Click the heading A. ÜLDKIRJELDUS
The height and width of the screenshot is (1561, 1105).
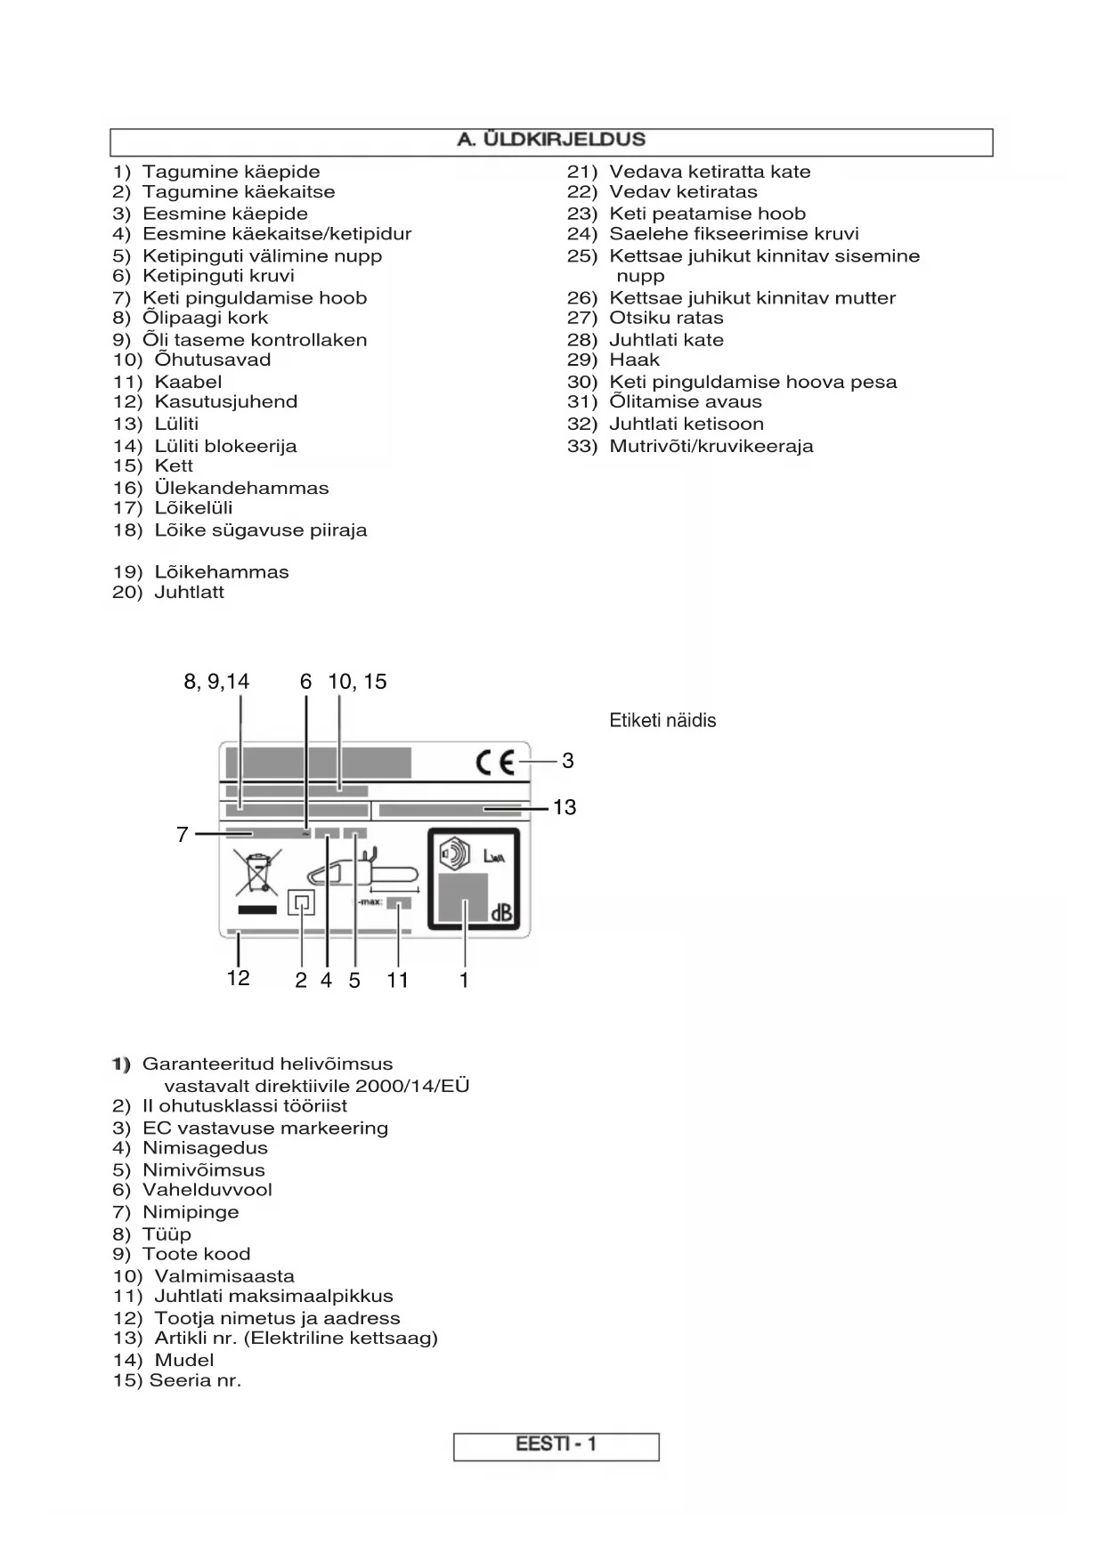click(x=551, y=140)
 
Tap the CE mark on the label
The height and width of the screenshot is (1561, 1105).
click(x=495, y=763)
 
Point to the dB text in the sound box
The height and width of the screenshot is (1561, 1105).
click(x=500, y=913)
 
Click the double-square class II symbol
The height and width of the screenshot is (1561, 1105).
click(x=302, y=903)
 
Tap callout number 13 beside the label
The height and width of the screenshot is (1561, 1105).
click(x=565, y=807)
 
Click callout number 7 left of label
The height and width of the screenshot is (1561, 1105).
click(x=183, y=835)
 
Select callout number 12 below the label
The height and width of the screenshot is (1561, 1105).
click(x=238, y=978)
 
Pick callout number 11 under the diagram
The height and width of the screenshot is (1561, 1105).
click(x=397, y=980)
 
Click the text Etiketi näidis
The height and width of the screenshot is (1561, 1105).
click(x=662, y=721)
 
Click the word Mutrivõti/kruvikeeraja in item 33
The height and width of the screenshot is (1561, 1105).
click(x=711, y=446)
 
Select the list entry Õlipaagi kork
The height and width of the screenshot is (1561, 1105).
click(x=205, y=318)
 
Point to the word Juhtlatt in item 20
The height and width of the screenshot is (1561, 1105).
click(x=189, y=592)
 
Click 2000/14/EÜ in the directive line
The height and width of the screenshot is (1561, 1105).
click(x=411, y=1086)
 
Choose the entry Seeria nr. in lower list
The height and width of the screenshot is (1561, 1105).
click(x=195, y=1380)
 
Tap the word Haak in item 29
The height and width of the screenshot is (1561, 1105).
click(x=634, y=360)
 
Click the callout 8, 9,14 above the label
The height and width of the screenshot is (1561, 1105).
click(x=216, y=682)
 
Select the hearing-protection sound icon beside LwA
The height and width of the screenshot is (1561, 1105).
click(x=455, y=854)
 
